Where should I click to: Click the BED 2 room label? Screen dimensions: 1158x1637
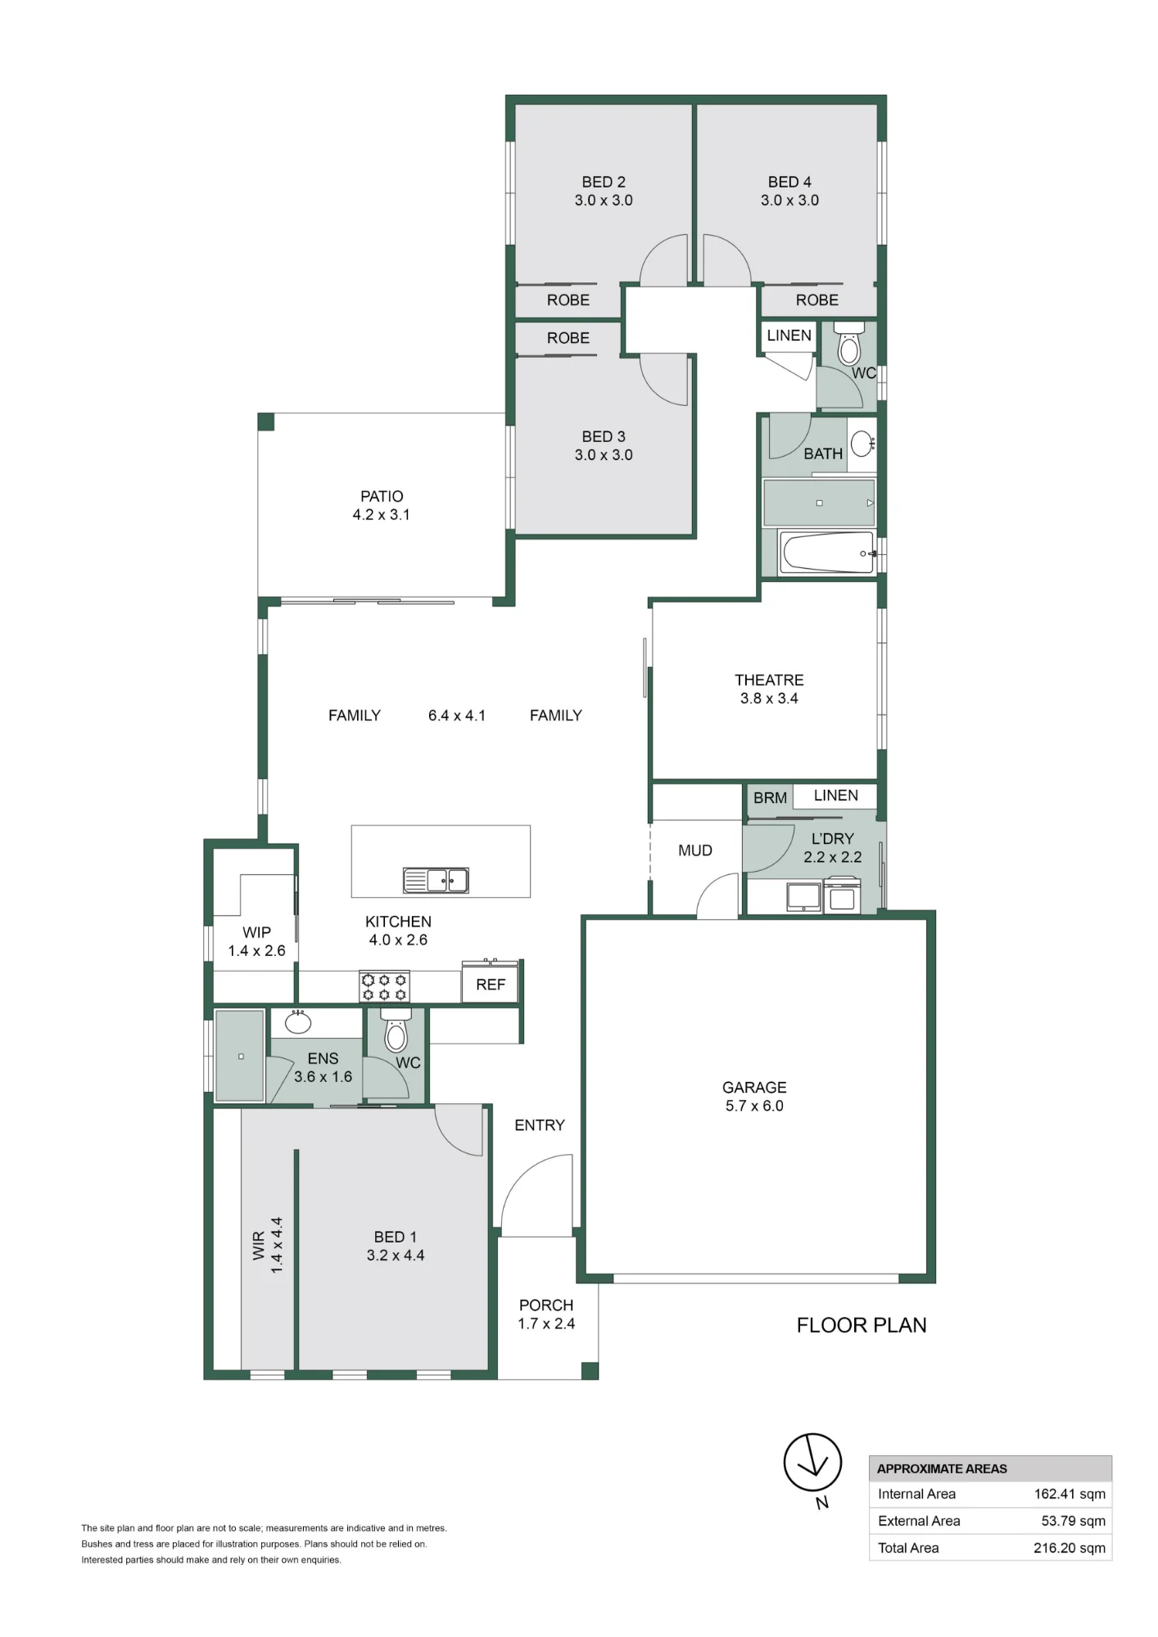(x=604, y=182)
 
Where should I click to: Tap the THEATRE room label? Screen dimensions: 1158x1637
(x=769, y=680)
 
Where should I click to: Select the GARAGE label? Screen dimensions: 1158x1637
(x=754, y=1087)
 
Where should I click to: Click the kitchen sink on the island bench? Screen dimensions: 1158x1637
(x=436, y=880)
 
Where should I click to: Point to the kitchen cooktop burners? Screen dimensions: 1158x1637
(x=384, y=986)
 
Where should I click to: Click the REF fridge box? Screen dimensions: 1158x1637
(x=491, y=985)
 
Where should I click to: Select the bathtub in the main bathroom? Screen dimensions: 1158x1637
(x=828, y=553)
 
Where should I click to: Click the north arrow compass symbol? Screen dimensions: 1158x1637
(x=812, y=1463)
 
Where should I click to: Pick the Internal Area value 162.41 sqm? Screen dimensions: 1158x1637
(x=1070, y=1494)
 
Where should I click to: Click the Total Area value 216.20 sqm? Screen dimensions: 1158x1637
(x=1070, y=1548)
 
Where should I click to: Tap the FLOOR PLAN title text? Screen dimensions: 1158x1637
(x=862, y=1325)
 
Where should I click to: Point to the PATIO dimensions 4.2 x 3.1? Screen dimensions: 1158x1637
(x=382, y=514)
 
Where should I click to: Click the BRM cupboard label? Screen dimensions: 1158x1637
(x=770, y=798)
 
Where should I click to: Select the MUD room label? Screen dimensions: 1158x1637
(x=695, y=850)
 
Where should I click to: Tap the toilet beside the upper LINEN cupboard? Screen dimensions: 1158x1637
(x=849, y=344)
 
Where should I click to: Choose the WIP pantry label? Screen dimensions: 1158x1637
(x=256, y=932)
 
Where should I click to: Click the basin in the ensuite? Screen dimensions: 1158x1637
(x=297, y=1022)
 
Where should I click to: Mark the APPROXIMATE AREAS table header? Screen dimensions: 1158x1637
(x=942, y=1468)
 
